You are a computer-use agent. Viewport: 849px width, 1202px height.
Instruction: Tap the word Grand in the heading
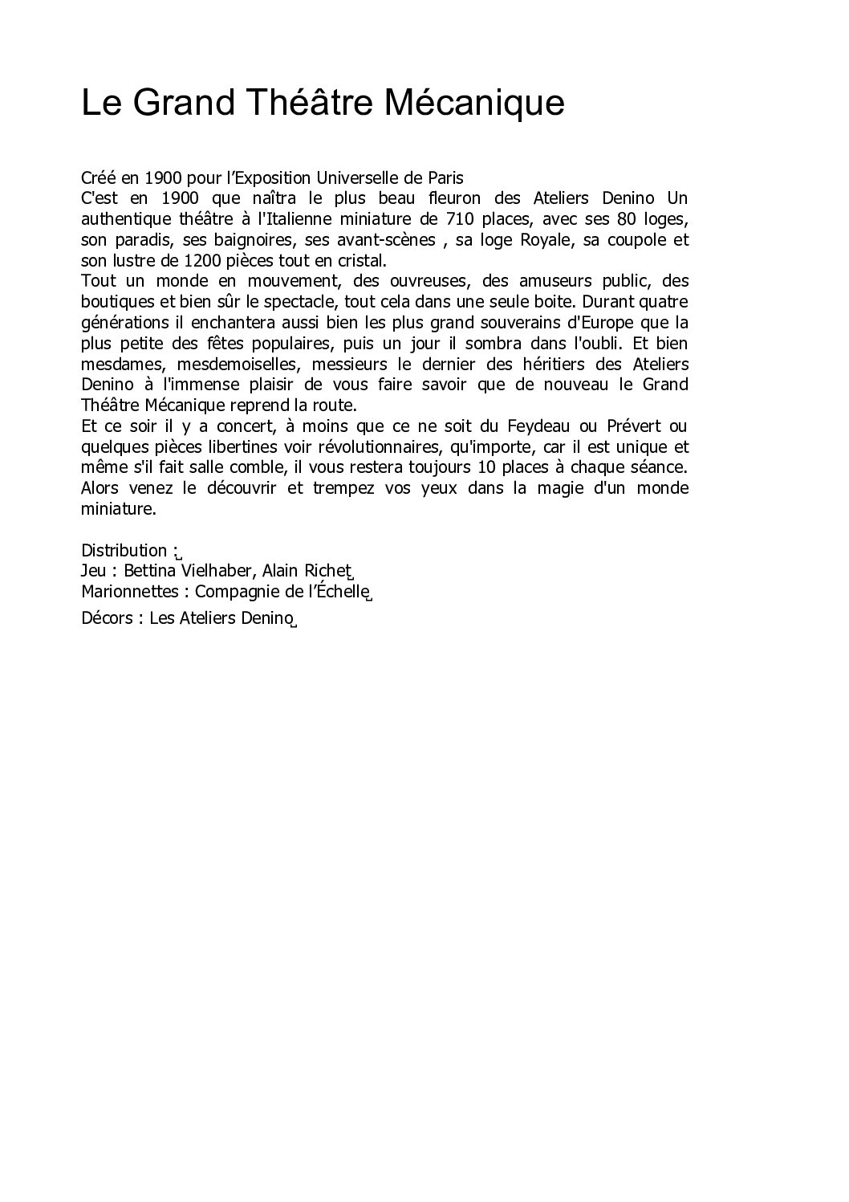pyautogui.click(x=178, y=104)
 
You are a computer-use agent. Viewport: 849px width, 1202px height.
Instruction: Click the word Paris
pyautogui.click(x=445, y=177)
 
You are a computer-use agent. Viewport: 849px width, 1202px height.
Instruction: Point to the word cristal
pyautogui.click(x=364, y=261)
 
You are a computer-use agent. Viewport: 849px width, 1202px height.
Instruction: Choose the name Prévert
pyautogui.click(x=632, y=426)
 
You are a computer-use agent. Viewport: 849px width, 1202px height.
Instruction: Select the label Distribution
pyautogui.click(x=124, y=551)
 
